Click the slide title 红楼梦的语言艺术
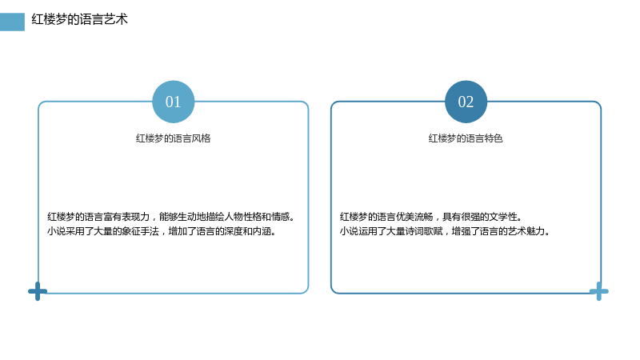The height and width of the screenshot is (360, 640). pos(79,19)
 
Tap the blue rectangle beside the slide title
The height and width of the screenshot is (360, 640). pos(12,22)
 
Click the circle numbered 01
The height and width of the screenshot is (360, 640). pos(173,102)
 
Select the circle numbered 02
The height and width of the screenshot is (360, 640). pos(466,102)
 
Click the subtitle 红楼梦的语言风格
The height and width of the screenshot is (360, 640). pos(173,138)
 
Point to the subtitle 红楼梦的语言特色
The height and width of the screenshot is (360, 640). pos(466,138)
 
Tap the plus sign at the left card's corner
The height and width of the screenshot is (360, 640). pos(38,291)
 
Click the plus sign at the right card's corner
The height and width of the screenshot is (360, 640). pos(598,291)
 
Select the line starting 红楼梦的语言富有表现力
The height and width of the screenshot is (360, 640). pos(170,217)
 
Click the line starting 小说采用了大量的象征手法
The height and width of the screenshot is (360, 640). pos(162,231)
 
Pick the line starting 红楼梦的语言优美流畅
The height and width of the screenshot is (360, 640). pos(430,217)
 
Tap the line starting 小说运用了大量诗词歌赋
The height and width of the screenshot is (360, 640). pos(445,231)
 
